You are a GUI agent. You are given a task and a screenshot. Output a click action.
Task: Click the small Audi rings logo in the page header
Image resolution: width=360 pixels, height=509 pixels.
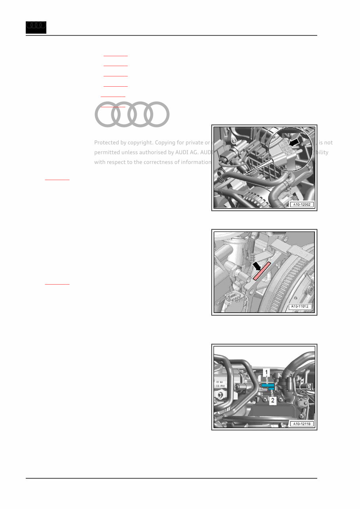tap(36, 27)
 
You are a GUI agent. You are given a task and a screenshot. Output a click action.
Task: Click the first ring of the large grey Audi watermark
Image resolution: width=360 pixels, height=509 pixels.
tap(107, 114)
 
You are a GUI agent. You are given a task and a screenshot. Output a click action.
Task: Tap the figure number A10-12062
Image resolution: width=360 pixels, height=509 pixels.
tap(302, 205)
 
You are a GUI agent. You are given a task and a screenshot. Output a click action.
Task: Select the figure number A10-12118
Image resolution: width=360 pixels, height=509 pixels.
tap(302, 424)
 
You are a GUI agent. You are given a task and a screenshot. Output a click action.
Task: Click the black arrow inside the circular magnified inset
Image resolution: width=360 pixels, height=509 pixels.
tap(295, 141)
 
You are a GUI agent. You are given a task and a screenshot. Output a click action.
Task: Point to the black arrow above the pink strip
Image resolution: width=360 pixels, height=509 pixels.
tap(258, 266)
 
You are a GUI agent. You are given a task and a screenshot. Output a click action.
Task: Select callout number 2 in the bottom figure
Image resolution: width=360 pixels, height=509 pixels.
tap(272, 401)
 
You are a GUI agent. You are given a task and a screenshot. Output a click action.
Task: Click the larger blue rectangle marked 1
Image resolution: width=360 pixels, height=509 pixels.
tap(268, 385)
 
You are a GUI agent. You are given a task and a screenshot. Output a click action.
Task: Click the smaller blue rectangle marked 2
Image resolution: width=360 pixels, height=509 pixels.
tap(271, 389)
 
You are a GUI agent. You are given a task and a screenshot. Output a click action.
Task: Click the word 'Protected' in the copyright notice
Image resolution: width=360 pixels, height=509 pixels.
tap(107, 142)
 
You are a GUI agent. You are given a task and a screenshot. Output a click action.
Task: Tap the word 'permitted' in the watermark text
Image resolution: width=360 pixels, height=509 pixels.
tap(107, 152)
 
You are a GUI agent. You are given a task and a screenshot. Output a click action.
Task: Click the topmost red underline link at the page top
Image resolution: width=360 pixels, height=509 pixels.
tap(115, 56)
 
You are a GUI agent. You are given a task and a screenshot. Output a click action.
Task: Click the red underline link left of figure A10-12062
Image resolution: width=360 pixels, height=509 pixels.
tap(57, 180)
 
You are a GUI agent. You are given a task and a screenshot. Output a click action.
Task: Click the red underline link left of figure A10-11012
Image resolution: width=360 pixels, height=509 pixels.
tap(57, 284)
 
